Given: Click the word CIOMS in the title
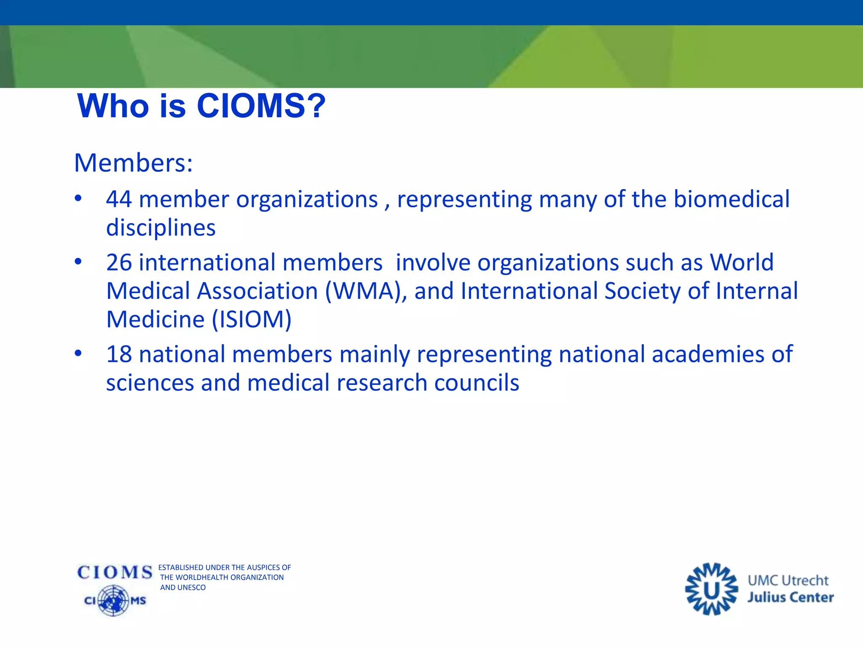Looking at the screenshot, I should point(251,106).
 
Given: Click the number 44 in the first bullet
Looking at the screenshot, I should point(119,199).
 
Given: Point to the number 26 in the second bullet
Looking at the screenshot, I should point(119,262).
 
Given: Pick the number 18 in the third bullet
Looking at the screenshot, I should point(119,354).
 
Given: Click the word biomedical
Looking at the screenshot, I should point(732,199).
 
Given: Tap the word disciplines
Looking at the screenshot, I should point(161,228).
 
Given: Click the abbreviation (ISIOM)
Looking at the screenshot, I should point(252,319).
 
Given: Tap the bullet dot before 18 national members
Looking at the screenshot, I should point(78,353).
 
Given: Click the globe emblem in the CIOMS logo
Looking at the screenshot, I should point(113,600).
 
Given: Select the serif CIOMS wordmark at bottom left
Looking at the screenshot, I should point(115,572).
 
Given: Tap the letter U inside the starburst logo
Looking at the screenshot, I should point(711,591).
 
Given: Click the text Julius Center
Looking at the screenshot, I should point(791,597).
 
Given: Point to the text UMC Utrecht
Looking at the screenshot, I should point(788,580).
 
